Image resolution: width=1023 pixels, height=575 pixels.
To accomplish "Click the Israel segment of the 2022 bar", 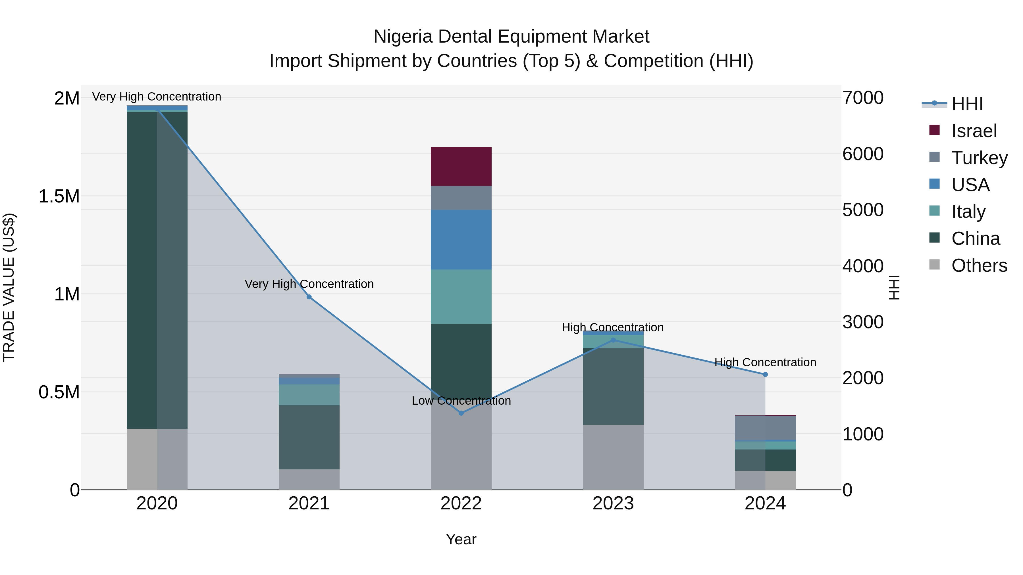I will pos(461,166).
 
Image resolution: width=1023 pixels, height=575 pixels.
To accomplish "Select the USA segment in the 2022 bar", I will pos(461,239).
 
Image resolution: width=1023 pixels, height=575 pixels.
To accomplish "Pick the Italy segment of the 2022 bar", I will pos(461,296).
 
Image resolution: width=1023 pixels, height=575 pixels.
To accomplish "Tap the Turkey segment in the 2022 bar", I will pos(461,198).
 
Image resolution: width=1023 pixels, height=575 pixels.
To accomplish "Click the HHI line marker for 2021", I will pos(309,297).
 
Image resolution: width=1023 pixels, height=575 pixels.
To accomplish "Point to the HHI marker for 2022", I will pos(461,413).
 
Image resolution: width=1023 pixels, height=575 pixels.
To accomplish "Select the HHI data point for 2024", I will pos(765,374).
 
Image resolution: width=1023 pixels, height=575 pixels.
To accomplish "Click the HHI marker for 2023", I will pos(613,340).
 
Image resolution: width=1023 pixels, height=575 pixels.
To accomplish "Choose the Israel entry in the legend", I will pos(974,131).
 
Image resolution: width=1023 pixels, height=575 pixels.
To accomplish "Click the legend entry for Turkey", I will pos(979,158).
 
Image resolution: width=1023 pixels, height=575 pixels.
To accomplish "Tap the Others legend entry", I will pos(979,265).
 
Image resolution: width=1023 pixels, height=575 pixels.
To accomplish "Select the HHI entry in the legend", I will pos(967,104).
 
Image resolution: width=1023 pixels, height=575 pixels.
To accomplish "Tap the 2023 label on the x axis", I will pos(613,503).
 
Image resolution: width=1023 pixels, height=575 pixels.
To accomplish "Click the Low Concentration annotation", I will pos(461,401).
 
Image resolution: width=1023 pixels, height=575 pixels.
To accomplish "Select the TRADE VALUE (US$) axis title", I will pos(9,287).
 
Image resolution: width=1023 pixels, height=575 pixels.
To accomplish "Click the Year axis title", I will pos(461,539).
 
